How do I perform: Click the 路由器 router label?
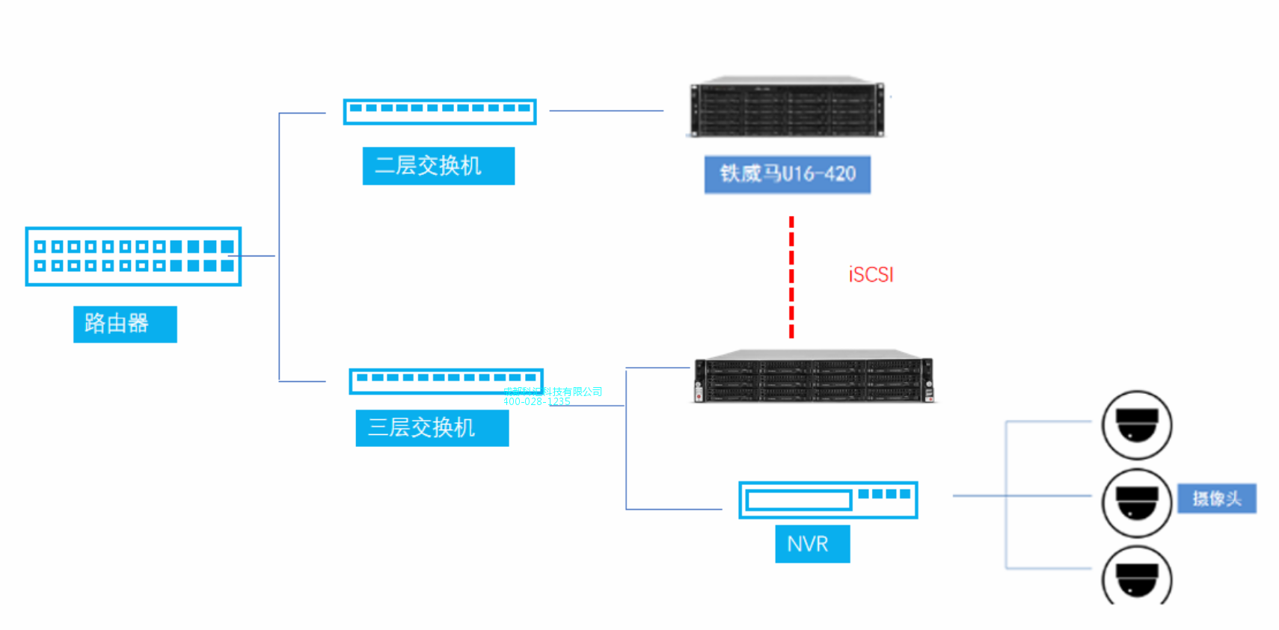click(125, 324)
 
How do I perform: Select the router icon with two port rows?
click(133, 256)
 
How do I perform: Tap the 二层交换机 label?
click(438, 166)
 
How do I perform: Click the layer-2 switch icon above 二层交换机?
click(440, 111)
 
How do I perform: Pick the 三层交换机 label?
click(432, 427)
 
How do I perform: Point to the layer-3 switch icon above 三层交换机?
click(446, 380)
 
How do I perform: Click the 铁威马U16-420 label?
click(787, 174)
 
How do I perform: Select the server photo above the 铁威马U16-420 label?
click(786, 107)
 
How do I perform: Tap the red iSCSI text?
click(871, 274)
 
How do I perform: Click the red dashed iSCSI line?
click(791, 277)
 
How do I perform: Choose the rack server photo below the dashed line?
click(813, 377)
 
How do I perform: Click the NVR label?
click(812, 543)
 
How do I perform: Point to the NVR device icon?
click(828, 500)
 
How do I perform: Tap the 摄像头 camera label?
click(1217, 498)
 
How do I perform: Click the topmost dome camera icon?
click(1137, 424)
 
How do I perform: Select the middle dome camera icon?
click(1137, 502)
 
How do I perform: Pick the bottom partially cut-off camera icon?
click(1137, 577)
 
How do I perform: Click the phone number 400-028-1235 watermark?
click(536, 402)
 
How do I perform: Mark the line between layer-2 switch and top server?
click(606, 111)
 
